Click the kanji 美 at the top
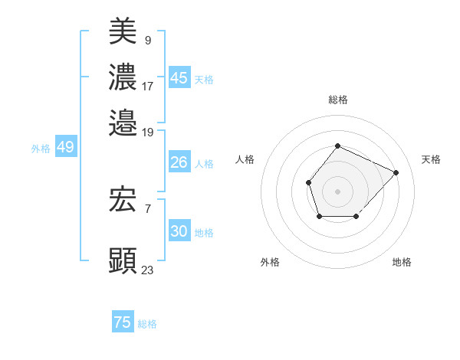(123, 32)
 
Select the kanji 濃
(123, 77)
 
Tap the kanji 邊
(123, 123)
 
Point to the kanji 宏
(123, 200)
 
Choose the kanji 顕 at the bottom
(123, 260)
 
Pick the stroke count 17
(148, 86)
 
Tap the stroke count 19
(148, 132)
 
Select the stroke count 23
(148, 270)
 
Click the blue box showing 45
(179, 77)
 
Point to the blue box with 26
(179, 162)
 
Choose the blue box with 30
(179, 231)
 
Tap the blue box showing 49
(65, 147)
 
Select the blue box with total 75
(123, 322)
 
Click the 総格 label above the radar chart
(337, 100)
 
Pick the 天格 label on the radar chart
(431, 159)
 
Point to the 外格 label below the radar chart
(270, 262)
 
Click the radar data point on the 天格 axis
(396, 172)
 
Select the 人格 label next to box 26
(204, 163)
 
